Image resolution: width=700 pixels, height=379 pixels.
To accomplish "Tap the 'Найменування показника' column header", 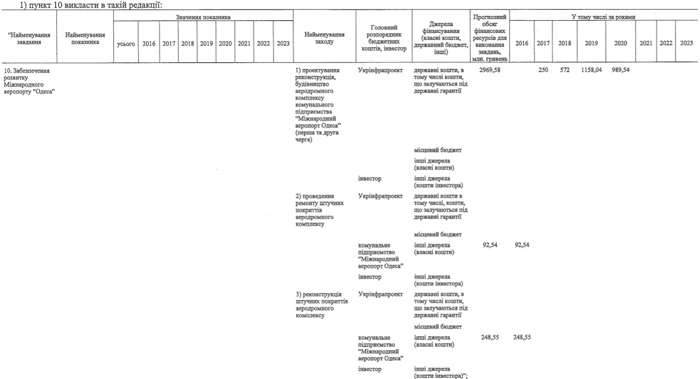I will pyautogui.click(x=85, y=39).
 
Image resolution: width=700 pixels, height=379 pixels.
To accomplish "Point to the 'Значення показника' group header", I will pyautogui.click(x=203, y=17).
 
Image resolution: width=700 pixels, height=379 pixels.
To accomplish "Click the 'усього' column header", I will pyautogui.click(x=125, y=44).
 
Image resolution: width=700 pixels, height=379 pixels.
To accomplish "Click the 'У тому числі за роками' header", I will pyautogui.click(x=604, y=17).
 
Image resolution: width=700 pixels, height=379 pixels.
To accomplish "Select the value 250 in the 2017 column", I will pyautogui.click(x=543, y=70).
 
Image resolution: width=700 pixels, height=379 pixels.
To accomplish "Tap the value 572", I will pyautogui.click(x=564, y=70).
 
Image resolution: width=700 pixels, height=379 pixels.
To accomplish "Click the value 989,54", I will pyautogui.click(x=620, y=70).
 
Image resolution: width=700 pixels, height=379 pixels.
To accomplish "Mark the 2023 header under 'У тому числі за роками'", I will pyautogui.click(x=686, y=44).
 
